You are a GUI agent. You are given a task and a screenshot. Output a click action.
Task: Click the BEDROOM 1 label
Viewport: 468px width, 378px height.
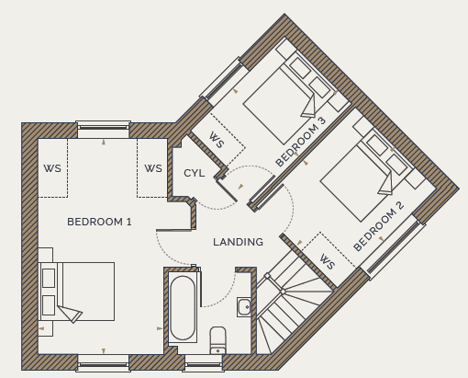tap(99, 222)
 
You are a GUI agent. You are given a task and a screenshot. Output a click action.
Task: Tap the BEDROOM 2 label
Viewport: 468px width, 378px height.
tap(379, 226)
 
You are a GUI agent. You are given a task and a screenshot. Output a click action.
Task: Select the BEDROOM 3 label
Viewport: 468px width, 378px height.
tap(301, 142)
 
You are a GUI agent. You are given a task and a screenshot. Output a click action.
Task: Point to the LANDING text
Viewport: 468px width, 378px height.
tap(238, 242)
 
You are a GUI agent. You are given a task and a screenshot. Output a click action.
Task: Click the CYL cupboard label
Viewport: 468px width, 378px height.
tap(195, 173)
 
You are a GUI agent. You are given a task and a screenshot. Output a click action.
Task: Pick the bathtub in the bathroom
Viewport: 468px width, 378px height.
tap(183, 307)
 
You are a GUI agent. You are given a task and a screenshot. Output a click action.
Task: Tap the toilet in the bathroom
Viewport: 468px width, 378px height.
tap(218, 340)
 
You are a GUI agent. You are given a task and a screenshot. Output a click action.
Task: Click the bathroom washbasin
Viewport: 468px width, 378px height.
tap(244, 307)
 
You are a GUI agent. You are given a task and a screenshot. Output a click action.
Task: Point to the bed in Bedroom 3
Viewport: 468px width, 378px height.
tap(287, 98)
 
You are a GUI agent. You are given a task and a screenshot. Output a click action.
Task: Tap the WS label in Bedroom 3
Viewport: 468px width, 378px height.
tap(217, 140)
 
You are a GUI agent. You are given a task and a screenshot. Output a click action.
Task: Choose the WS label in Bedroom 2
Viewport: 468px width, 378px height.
tap(328, 261)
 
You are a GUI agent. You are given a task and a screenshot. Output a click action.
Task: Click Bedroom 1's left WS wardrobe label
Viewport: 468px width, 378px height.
tap(52, 168)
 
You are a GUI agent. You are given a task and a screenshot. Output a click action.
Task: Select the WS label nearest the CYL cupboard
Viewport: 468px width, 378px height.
tap(153, 168)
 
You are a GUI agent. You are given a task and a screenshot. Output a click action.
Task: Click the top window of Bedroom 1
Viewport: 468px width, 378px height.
tap(103, 127)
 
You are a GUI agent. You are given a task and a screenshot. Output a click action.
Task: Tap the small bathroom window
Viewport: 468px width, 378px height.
tap(204, 364)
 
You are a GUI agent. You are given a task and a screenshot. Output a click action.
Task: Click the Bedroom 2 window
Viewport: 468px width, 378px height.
tap(394, 247)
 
